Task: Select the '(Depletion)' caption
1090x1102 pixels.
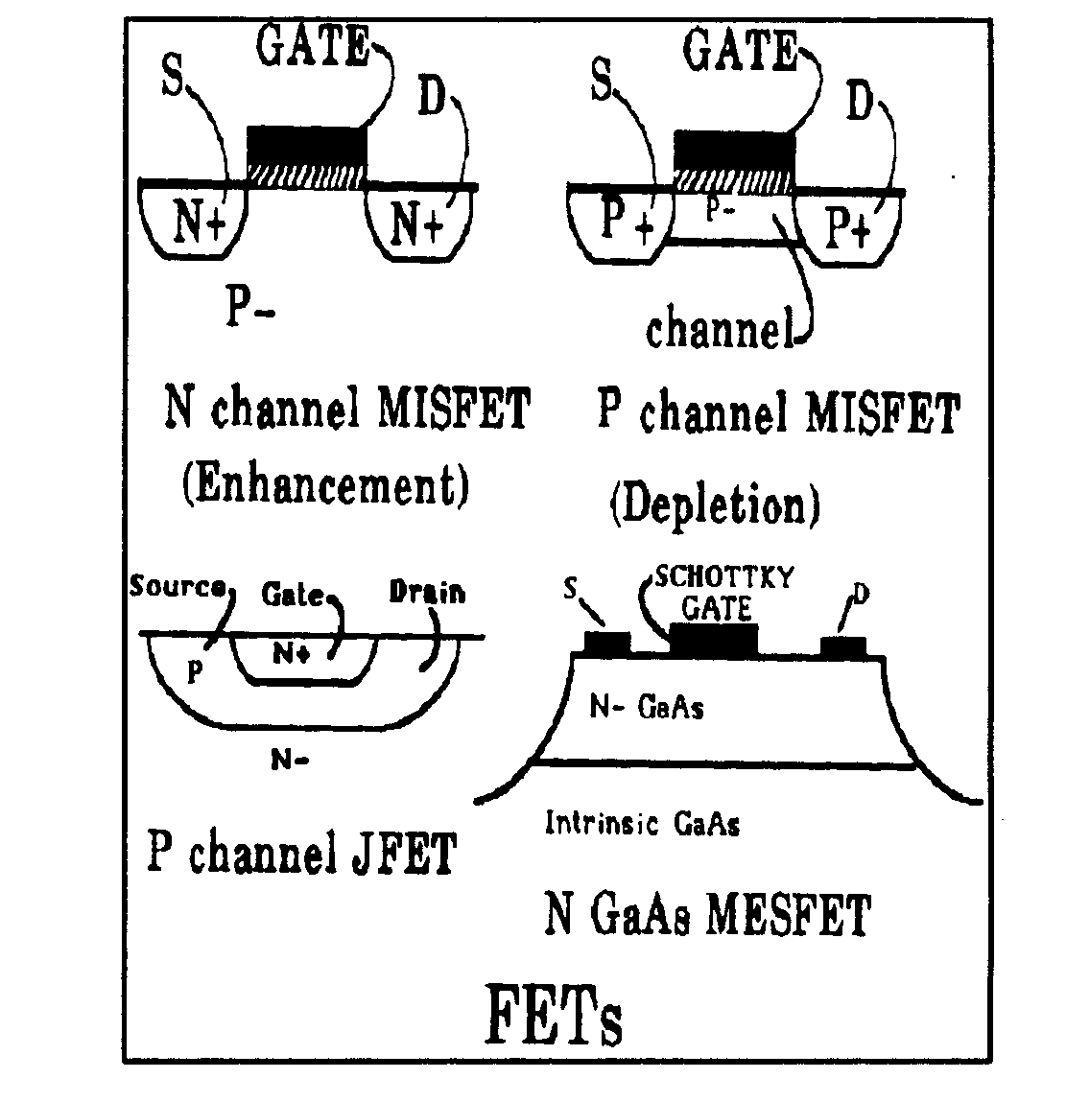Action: (715, 504)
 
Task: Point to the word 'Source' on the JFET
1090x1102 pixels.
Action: (177, 587)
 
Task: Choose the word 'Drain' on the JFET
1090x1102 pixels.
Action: (427, 592)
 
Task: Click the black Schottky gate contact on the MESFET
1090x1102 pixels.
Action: (714, 639)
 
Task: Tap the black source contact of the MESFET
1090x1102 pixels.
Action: (606, 643)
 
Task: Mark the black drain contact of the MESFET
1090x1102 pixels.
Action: (843, 645)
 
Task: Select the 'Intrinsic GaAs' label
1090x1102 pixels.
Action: (642, 823)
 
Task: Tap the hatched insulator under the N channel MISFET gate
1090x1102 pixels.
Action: (307, 174)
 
